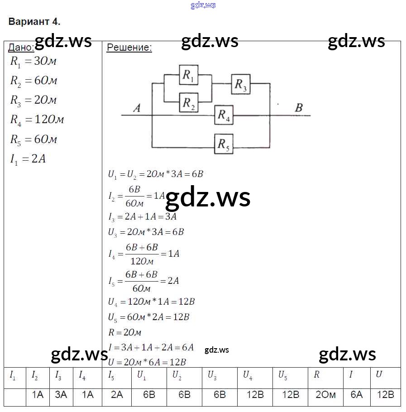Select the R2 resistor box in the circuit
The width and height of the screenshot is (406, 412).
pyautogui.click(x=189, y=104)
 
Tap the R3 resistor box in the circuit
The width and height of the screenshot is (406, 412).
pyautogui.click(x=241, y=84)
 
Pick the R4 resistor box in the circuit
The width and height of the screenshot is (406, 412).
pyautogui.click(x=224, y=115)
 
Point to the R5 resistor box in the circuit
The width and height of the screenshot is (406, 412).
pyautogui.click(x=224, y=144)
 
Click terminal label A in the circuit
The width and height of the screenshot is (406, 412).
pyautogui.click(x=137, y=108)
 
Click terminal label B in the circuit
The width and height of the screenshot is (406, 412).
pyautogui.click(x=299, y=108)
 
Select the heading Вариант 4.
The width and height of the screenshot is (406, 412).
pyautogui.click(x=34, y=22)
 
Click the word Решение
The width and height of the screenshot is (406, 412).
pyautogui.click(x=129, y=48)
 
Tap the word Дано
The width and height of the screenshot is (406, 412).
pyautogui.click(x=21, y=48)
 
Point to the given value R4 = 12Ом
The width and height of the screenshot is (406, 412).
pyautogui.click(x=37, y=120)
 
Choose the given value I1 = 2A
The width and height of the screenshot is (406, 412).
pyautogui.click(x=28, y=159)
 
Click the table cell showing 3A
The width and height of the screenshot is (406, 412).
pyautogui.click(x=61, y=395)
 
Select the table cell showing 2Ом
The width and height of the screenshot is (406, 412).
pyautogui.click(x=325, y=395)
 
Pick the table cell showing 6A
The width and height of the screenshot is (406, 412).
pyautogui.click(x=357, y=395)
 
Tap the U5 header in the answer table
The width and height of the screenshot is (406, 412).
pyautogui.click(x=282, y=375)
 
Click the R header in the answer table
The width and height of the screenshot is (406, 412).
pyautogui.click(x=316, y=375)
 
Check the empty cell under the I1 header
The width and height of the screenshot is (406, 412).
pyautogui.click(x=14, y=395)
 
